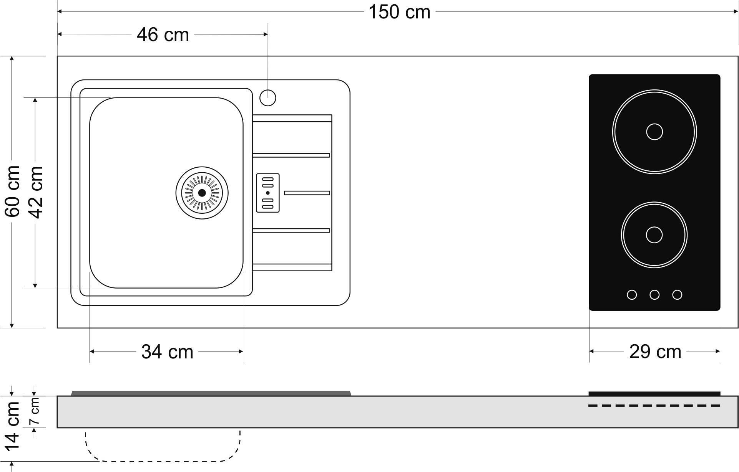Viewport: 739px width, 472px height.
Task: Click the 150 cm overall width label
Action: (399, 12)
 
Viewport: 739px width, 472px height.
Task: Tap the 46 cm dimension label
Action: (163, 35)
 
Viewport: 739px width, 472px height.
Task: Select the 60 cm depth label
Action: (13, 191)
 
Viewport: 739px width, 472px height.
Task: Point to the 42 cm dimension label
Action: (36, 192)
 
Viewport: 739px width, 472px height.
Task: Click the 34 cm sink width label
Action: (167, 352)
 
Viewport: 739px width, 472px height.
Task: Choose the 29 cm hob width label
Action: (655, 352)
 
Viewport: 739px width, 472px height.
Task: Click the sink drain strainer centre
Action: (202, 193)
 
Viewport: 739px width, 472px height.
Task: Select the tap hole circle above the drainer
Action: (268, 98)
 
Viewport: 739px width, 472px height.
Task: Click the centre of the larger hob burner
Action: (654, 132)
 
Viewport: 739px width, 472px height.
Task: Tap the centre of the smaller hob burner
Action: (654, 235)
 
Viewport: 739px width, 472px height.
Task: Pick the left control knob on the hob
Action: (632, 295)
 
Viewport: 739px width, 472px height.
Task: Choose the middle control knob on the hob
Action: (654, 295)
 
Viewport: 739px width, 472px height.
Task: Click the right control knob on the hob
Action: (677, 295)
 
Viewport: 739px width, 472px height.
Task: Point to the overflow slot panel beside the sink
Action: (268, 193)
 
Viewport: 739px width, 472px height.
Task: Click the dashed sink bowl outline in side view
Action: (163, 460)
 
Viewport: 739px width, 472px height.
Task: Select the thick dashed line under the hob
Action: (654, 406)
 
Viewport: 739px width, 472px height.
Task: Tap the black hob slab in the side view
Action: (654, 394)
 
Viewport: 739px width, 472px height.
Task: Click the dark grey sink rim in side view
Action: (211, 393)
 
